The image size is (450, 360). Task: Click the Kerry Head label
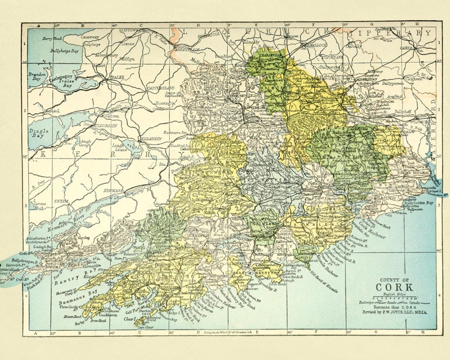point(52,38)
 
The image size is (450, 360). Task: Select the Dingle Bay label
point(39,133)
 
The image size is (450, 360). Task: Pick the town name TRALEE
point(114,77)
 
